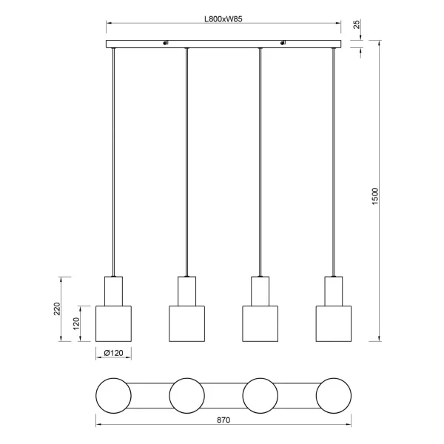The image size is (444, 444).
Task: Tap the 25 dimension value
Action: pyautogui.click(x=357, y=27)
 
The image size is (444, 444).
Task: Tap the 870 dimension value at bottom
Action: pyautogui.click(x=224, y=420)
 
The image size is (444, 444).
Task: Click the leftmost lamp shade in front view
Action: pyautogui.click(x=113, y=323)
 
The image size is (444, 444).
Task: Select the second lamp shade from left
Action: pyautogui.click(x=186, y=323)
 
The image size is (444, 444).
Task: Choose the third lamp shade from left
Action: pyautogui.click(x=260, y=323)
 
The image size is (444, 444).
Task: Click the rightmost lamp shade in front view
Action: pyautogui.click(x=333, y=323)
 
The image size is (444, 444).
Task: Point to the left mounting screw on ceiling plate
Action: pyautogui.click(x=166, y=43)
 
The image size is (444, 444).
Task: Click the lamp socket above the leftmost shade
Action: pyautogui.click(x=113, y=290)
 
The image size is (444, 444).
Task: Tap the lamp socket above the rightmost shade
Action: pyautogui.click(x=333, y=290)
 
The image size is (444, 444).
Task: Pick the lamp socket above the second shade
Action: pyautogui.click(x=186, y=290)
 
